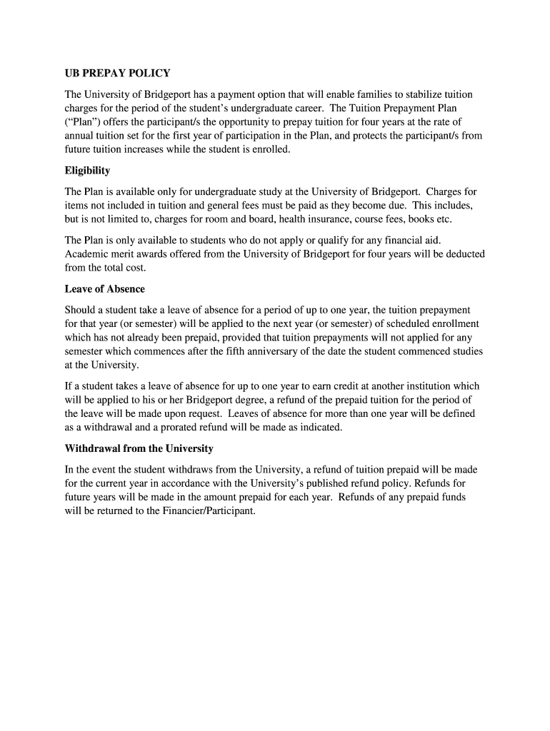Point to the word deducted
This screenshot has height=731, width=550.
click(x=464, y=254)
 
